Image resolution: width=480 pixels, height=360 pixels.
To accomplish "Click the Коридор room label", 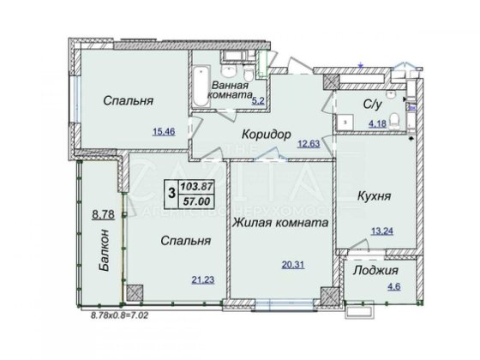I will click(267, 135).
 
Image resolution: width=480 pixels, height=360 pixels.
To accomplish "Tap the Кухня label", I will click(373, 196).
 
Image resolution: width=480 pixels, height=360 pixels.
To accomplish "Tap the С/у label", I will click(372, 106).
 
